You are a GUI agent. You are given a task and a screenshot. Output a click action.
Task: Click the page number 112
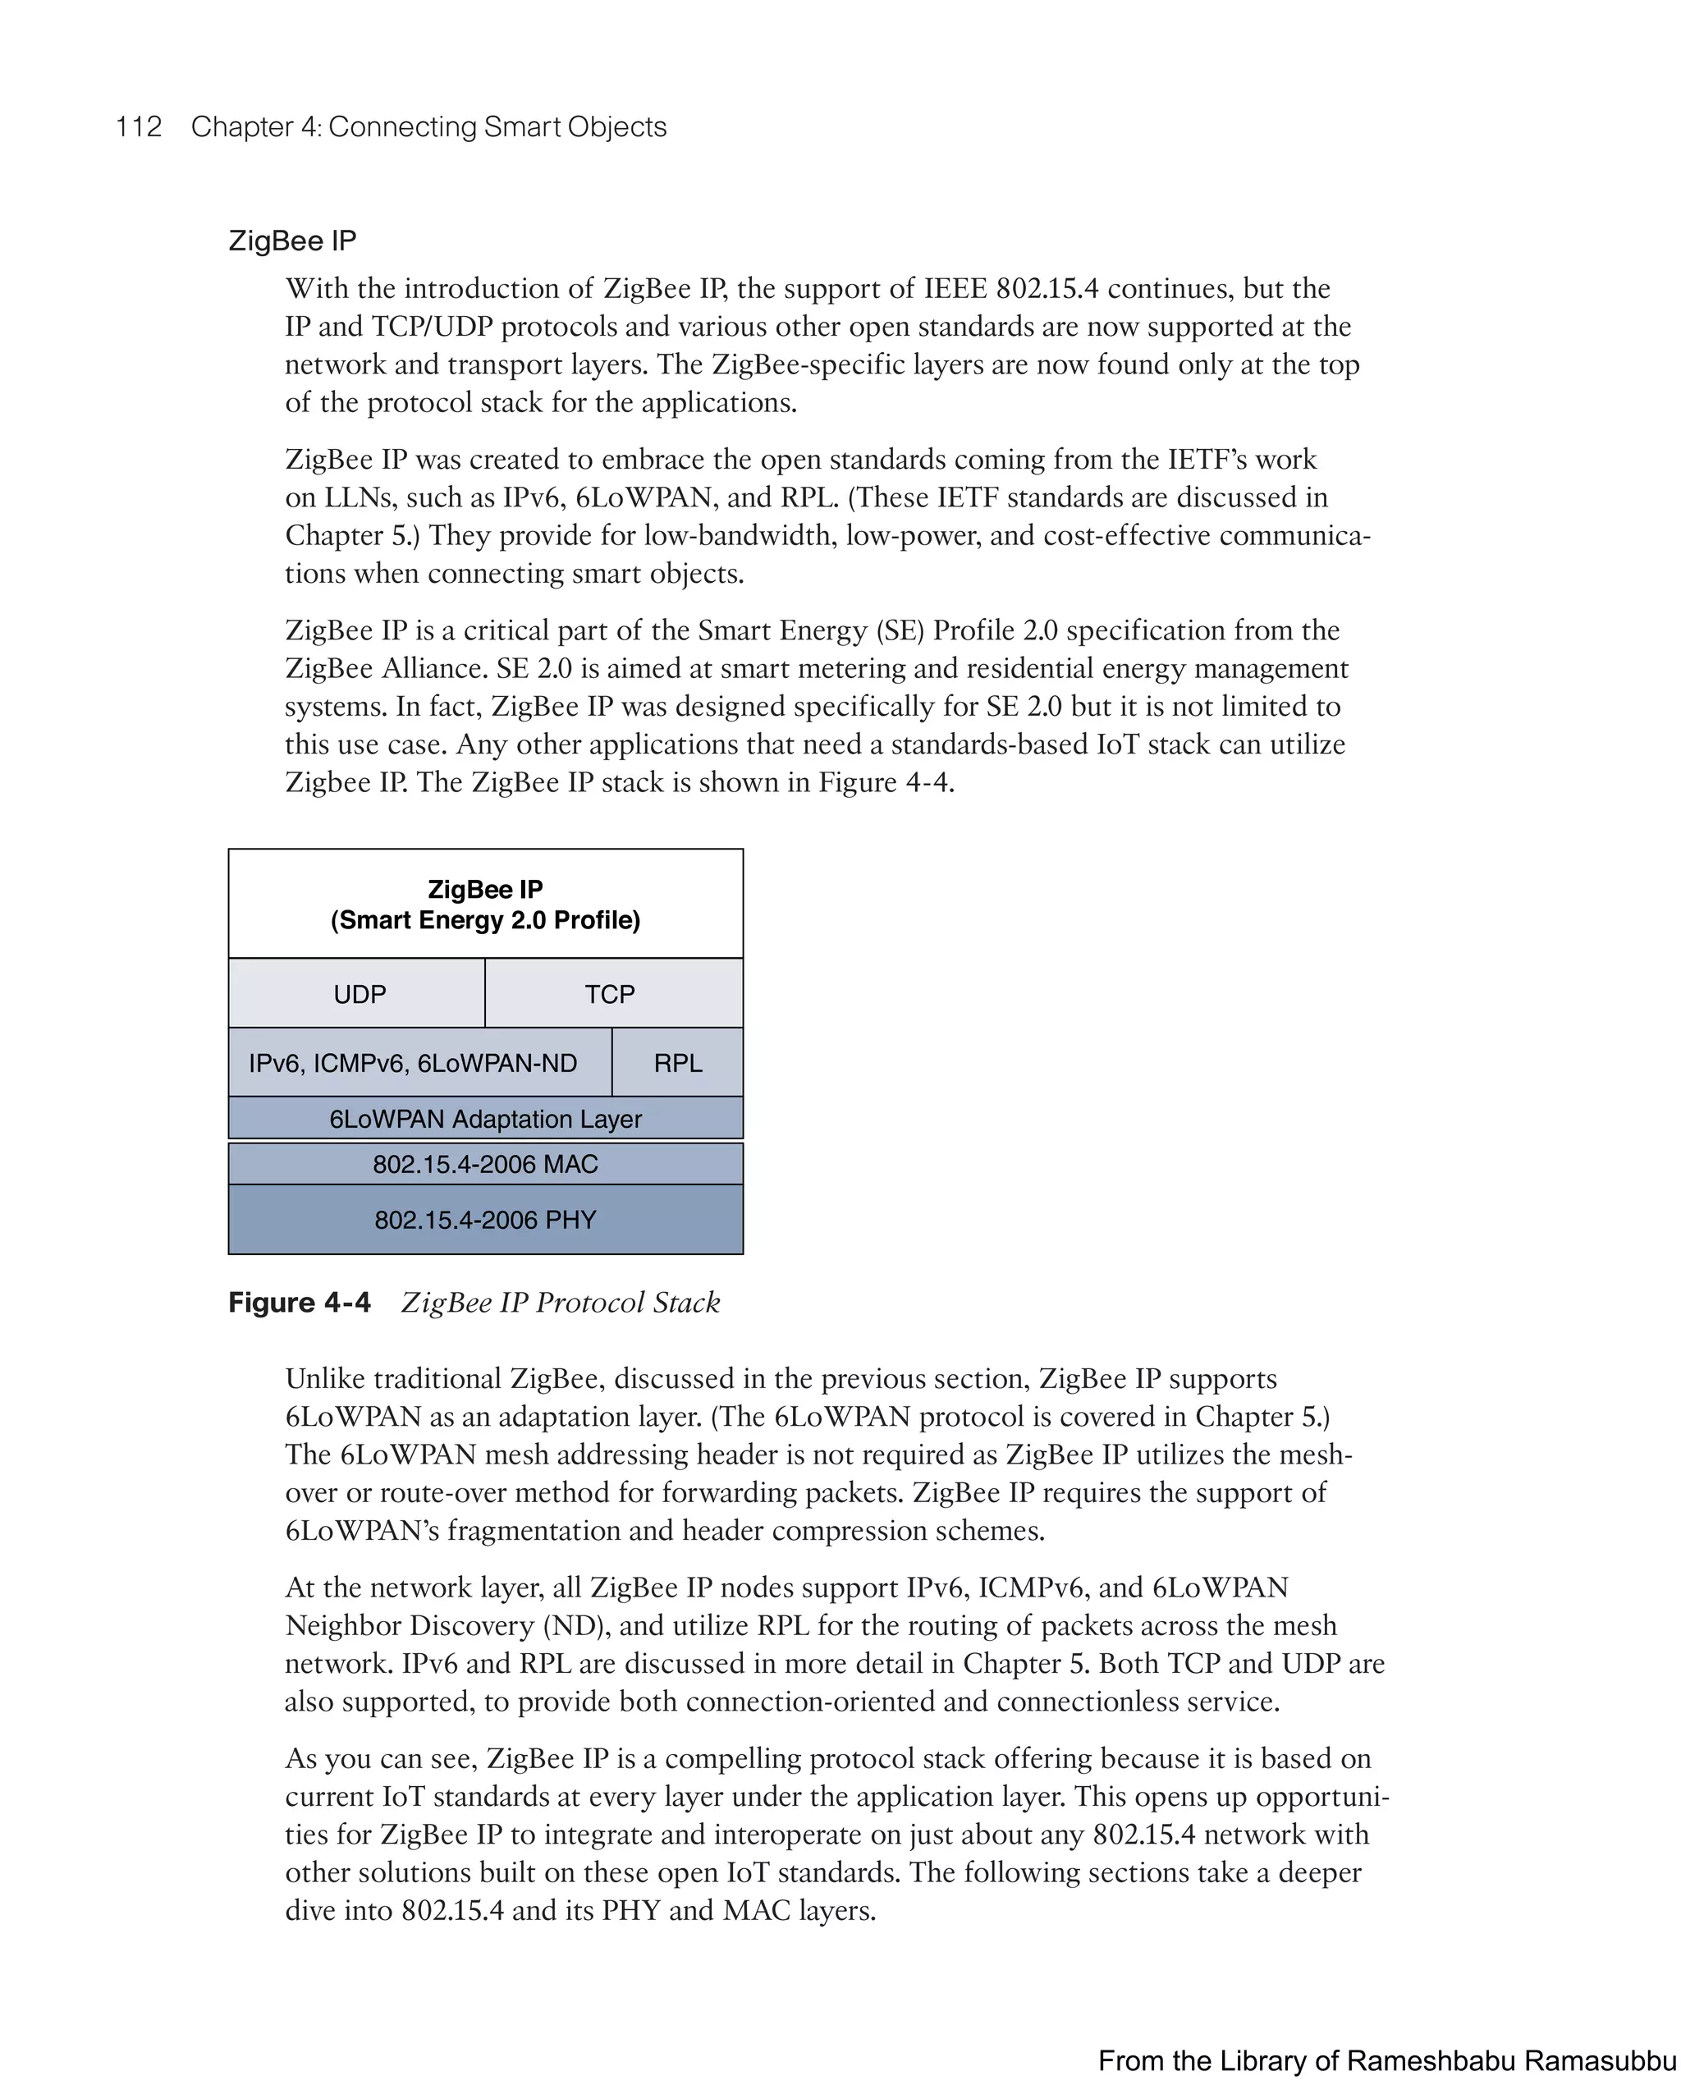139,127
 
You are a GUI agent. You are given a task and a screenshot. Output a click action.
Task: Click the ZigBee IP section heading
292,241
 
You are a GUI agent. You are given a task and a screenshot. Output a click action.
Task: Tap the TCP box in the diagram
610,993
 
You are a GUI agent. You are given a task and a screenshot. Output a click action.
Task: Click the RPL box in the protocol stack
678,1062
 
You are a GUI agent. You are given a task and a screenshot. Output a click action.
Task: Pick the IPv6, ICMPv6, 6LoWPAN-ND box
413,1062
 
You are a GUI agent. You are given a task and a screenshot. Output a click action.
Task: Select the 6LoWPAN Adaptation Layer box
485,1119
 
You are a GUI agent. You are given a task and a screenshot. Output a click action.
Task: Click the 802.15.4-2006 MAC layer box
485,1164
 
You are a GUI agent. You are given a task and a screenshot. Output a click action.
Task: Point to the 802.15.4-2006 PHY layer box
485,1219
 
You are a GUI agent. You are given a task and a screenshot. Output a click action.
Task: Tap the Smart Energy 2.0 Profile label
485,920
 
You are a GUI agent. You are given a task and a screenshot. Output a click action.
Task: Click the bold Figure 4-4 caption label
300,1303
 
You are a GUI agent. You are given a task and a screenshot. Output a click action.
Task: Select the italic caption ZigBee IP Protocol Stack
561,1303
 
